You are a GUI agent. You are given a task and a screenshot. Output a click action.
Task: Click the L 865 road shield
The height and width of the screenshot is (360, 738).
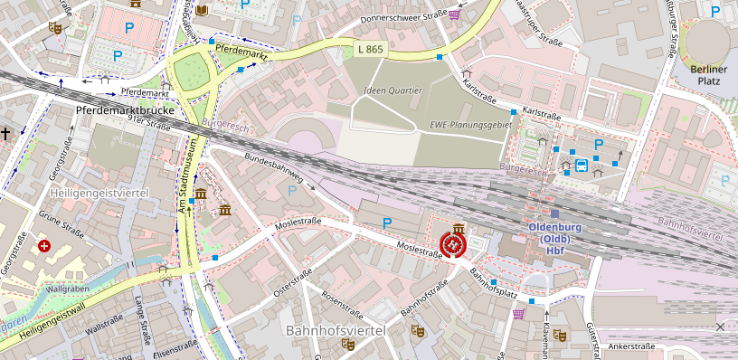(370, 47)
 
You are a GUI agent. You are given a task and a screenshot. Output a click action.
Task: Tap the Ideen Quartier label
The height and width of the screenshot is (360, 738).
(393, 90)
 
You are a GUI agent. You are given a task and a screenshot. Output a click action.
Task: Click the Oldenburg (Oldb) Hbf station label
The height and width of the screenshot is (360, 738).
(554, 238)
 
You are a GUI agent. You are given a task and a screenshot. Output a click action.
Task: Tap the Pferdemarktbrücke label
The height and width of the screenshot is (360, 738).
(124, 110)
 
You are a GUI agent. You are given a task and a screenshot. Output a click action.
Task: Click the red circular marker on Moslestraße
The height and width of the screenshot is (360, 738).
(451, 244)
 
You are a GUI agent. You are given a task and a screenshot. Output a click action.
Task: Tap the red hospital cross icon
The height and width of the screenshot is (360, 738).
(44, 246)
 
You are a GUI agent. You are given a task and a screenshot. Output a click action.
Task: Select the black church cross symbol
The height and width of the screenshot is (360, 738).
(6, 134)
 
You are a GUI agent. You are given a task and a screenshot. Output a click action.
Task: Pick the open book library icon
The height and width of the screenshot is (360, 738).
(202, 9)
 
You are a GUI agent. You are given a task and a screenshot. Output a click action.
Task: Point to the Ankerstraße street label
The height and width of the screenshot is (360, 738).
(631, 346)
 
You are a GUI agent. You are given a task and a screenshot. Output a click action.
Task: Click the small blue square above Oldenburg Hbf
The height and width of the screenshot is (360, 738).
(554, 213)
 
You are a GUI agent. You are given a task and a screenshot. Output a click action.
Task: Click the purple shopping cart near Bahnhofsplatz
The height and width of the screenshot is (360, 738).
(519, 314)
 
